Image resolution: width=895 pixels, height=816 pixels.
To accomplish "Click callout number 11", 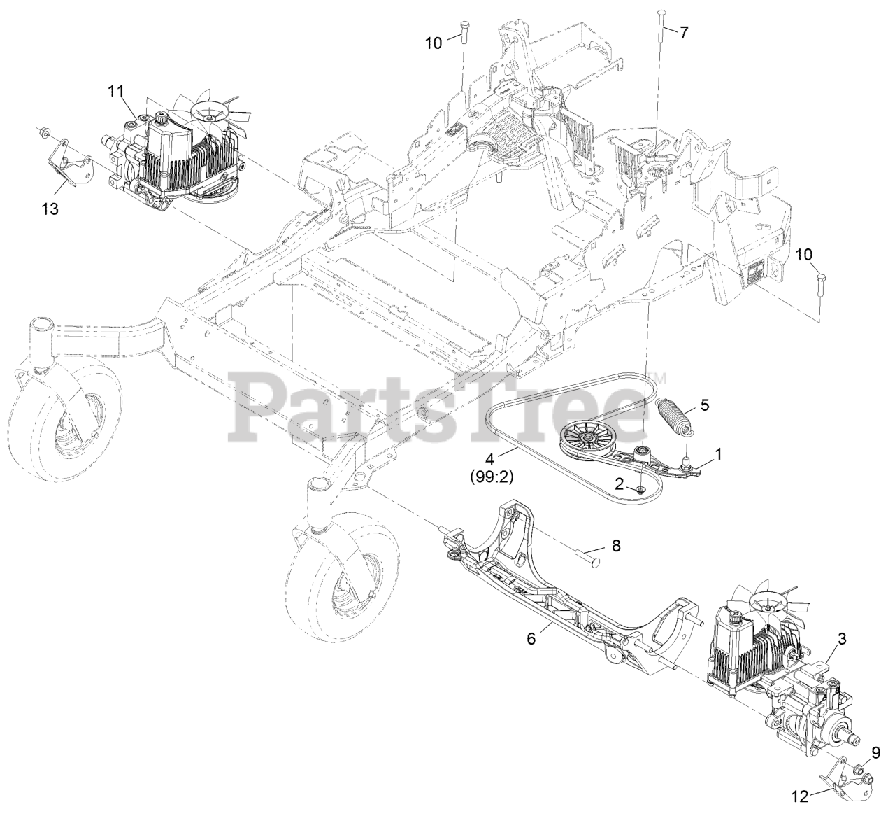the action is (x=115, y=90).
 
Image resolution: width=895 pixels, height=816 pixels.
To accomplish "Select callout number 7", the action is (x=683, y=32).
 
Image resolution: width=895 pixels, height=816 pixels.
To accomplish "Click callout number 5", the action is (x=705, y=405).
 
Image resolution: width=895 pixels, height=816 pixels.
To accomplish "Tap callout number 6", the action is (x=532, y=639).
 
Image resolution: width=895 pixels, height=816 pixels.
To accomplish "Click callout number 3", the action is (x=842, y=638).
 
